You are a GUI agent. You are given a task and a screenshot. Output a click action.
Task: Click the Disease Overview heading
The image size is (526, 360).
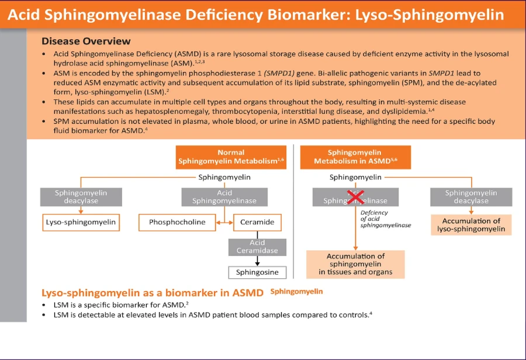[86, 41]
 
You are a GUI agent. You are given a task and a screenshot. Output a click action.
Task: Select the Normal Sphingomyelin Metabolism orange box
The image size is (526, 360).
[231, 157]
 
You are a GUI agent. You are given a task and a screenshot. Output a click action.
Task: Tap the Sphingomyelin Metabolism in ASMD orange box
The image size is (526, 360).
[355, 157]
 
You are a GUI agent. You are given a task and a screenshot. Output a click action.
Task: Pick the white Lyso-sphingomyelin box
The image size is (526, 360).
[81, 222]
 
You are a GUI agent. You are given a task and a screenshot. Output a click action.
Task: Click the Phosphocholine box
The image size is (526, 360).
[177, 222]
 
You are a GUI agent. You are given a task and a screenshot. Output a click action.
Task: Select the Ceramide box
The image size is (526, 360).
[257, 222]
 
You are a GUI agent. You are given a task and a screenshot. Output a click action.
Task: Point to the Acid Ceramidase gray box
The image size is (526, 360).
[257, 247]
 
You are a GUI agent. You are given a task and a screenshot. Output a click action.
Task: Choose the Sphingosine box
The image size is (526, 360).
[257, 272]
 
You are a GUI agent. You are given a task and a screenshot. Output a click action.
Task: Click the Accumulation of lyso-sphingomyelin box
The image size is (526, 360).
[471, 225]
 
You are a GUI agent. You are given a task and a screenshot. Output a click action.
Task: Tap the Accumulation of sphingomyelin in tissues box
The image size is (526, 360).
[355, 264]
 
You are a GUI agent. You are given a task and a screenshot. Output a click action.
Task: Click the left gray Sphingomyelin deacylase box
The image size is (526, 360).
[81, 196]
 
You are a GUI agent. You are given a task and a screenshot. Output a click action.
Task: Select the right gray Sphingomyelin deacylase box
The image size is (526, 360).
[471, 196]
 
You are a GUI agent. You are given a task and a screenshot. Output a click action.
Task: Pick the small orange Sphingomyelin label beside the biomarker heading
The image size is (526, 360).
[296, 291]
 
